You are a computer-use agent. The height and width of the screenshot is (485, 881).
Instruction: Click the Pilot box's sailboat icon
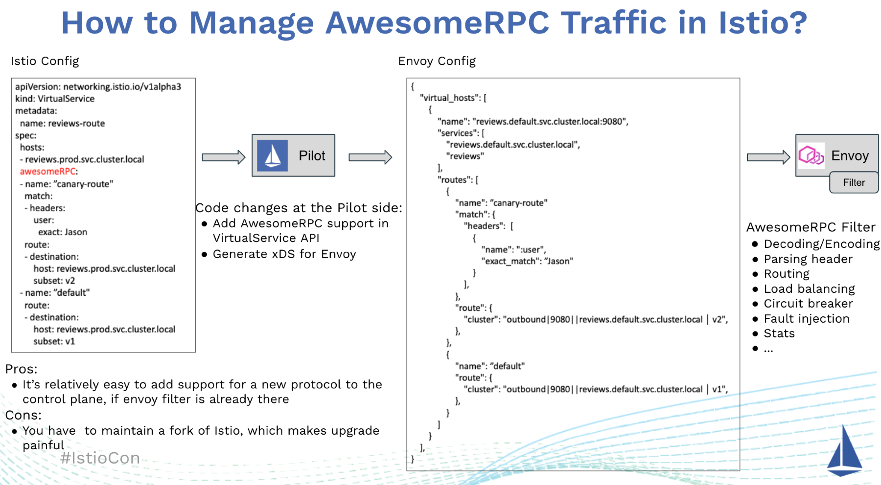point(272,155)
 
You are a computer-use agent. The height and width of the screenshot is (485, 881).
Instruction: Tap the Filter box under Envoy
point(854,182)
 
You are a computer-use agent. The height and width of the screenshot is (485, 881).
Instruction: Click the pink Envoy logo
point(811,155)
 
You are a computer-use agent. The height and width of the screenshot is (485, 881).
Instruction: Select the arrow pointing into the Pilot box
point(223,157)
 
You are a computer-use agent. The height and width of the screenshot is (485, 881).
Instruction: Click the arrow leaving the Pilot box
point(370,157)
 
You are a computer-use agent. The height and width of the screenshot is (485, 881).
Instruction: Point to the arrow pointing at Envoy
point(768,157)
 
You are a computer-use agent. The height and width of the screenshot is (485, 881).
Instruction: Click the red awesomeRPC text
point(48,172)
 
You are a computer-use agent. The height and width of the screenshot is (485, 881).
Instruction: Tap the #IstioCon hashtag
point(100,458)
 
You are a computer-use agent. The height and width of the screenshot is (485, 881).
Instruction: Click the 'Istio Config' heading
point(45,61)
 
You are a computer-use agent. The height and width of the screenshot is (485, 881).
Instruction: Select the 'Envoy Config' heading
point(437,61)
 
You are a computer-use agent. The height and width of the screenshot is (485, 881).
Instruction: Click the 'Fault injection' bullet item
point(806,319)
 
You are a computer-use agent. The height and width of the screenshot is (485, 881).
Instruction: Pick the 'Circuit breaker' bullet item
point(808,304)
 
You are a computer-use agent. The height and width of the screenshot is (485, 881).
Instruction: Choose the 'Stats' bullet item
point(779,333)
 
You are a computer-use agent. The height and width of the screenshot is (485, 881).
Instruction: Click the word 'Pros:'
point(21,369)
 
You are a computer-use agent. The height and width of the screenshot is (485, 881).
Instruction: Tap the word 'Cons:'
point(23,415)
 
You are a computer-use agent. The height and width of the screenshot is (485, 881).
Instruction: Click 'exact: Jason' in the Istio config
point(63,232)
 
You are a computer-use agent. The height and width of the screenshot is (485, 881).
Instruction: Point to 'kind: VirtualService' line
point(55,99)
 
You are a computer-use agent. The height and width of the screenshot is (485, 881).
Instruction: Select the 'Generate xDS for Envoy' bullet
point(284,254)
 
